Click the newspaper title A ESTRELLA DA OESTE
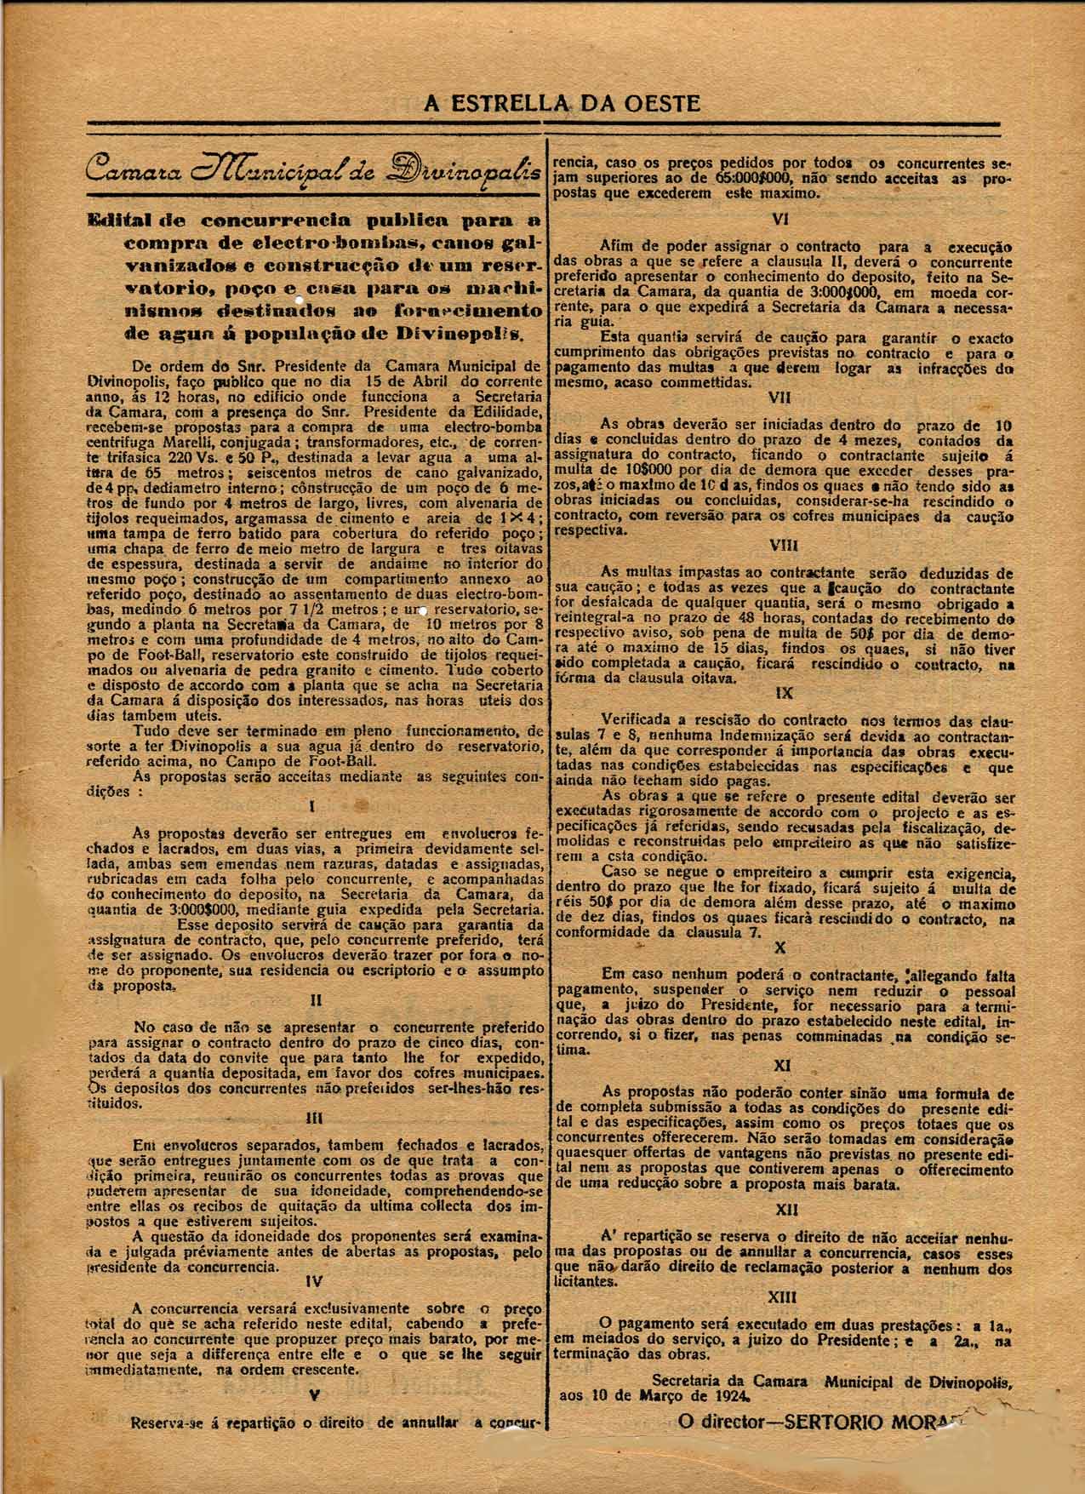[562, 104]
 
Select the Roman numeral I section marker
[315, 804]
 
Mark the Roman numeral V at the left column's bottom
[315, 1395]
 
